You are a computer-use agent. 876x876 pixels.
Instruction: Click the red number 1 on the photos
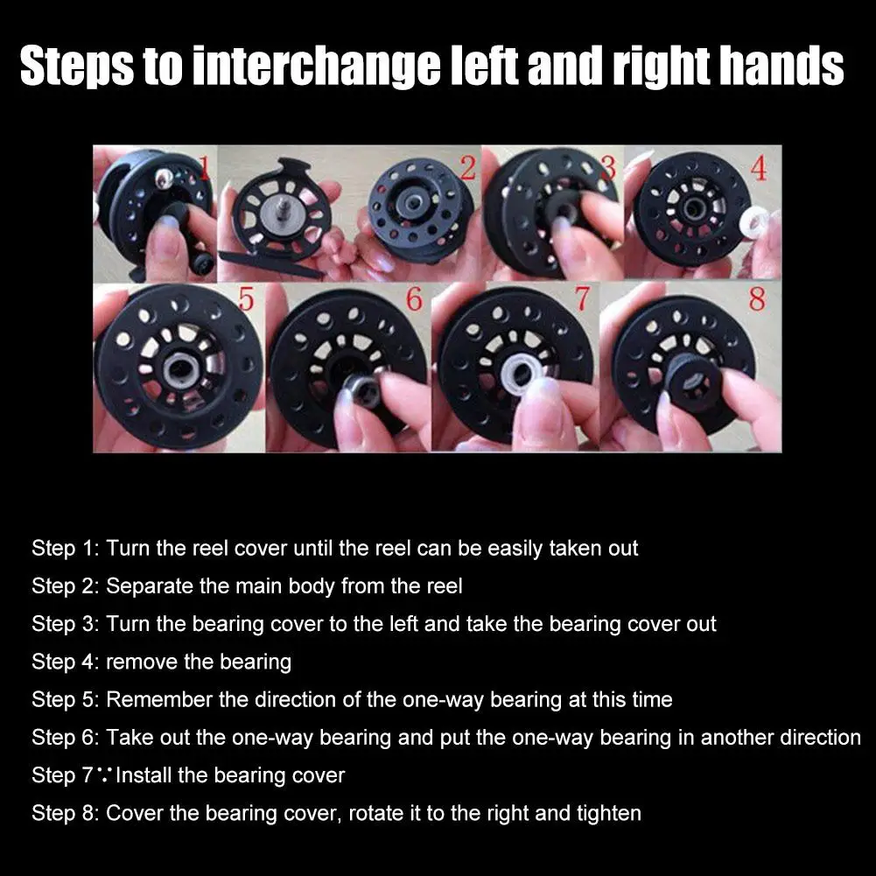tap(204, 168)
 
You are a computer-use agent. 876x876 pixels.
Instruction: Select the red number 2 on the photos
tap(467, 168)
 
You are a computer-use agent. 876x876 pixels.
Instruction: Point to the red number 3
tap(609, 167)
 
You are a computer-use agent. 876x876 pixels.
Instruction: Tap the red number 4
tap(759, 168)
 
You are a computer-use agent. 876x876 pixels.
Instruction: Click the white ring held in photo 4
tap(753, 221)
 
